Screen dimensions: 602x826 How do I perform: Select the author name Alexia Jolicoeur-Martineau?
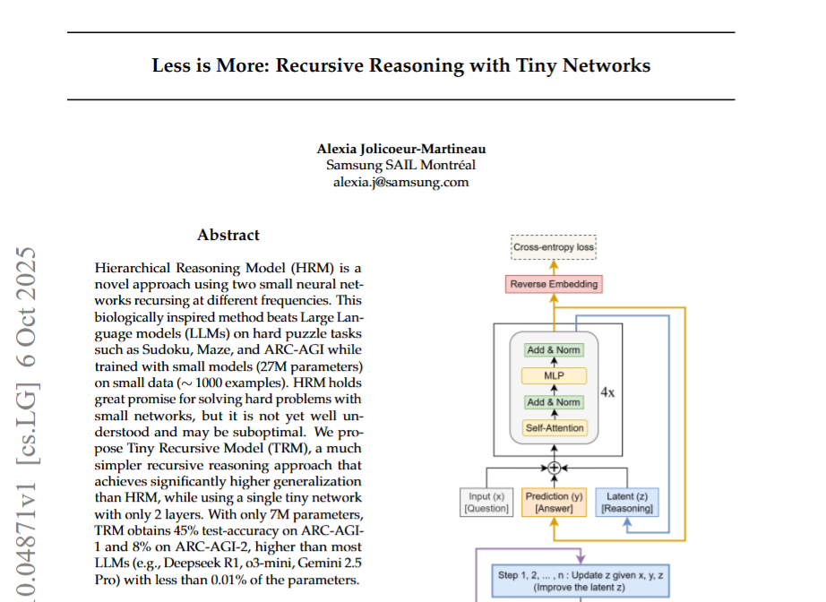400,149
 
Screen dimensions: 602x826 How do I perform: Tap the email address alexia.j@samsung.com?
400,182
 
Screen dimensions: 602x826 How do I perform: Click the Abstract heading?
228,236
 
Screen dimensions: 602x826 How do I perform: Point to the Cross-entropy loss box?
554,245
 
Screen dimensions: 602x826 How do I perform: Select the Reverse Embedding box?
554,285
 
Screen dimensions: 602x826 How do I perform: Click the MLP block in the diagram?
554,376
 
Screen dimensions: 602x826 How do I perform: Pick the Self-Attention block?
554,428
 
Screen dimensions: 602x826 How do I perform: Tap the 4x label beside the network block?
607,392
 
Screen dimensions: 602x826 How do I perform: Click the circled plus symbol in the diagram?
554,468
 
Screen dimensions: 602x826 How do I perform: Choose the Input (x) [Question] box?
486,503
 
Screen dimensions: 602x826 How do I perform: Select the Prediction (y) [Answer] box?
554,503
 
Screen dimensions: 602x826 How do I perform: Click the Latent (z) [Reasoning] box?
627,503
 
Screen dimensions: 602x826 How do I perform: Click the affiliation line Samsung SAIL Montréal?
400,166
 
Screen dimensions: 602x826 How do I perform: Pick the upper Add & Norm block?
554,350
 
